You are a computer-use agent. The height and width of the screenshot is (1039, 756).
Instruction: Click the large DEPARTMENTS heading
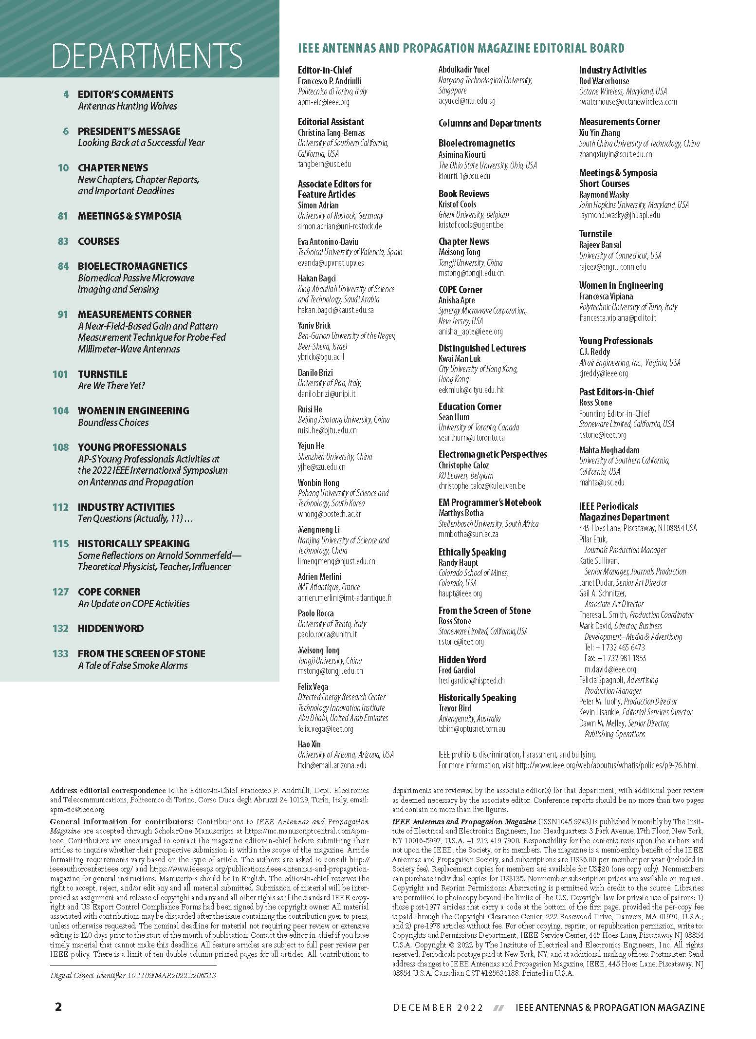147,56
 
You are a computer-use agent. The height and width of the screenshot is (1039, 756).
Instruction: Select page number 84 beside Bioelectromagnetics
63,266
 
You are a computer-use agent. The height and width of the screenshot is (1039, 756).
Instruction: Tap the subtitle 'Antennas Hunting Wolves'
128,106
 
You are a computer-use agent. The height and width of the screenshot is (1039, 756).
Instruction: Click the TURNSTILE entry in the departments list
103,374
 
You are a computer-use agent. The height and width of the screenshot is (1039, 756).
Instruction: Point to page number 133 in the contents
60,653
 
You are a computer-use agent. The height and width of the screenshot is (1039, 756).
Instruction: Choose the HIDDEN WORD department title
111,628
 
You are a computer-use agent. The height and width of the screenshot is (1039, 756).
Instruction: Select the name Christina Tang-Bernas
331,132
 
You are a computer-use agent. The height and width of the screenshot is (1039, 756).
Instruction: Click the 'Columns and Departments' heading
490,123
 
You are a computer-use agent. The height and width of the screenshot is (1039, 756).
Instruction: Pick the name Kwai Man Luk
460,358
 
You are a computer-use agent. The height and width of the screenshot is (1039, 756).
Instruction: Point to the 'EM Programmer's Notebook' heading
490,502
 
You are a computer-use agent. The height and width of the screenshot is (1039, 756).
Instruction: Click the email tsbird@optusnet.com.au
472,729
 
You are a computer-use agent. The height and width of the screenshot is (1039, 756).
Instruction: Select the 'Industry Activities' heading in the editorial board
612,70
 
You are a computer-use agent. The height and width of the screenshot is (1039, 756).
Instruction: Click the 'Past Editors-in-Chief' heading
616,392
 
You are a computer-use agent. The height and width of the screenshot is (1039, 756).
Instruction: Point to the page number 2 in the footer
58,1007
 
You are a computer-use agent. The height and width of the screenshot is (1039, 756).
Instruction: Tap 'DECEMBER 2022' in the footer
438,1007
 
